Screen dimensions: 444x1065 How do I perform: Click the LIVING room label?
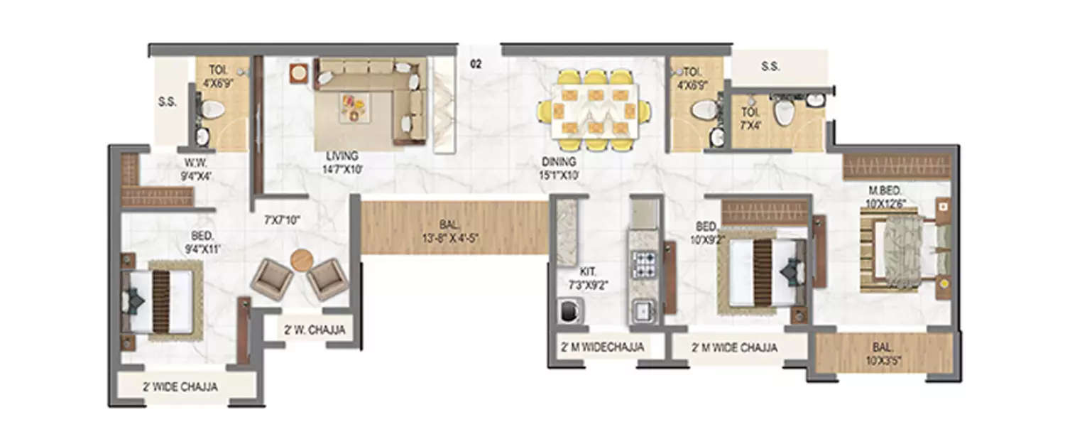pyautogui.click(x=342, y=156)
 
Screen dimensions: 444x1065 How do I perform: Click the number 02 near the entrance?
pyautogui.click(x=476, y=65)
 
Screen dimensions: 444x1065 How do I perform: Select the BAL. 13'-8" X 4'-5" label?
pyautogui.click(x=453, y=227)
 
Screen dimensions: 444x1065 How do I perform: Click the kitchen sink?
pyautogui.click(x=643, y=310)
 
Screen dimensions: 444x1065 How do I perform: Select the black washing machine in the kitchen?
pyautogui.click(x=569, y=311)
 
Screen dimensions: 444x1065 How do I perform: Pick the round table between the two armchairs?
pyautogui.click(x=301, y=259)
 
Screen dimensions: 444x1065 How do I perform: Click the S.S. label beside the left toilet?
pyautogui.click(x=168, y=102)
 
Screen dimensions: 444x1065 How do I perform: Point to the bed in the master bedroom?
pyautogui.click(x=902, y=253)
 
